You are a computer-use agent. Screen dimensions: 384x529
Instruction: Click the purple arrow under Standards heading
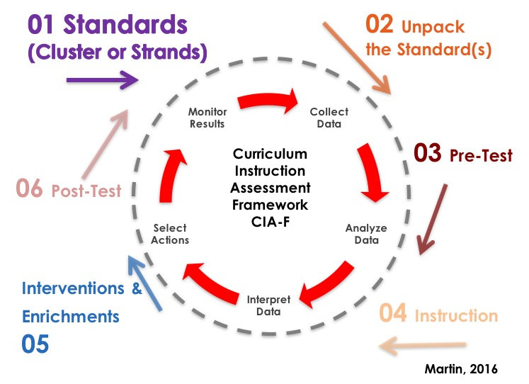101,80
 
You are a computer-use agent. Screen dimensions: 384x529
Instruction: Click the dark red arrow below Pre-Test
433,220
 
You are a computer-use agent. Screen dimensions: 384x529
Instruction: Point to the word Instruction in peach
455,316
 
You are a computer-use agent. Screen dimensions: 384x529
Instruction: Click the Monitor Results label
207,118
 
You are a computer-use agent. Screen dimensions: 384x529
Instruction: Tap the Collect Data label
326,118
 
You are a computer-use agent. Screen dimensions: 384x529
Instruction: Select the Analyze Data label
362,234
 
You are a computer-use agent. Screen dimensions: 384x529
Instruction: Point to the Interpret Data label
268,305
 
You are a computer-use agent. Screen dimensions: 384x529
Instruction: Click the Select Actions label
170,234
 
